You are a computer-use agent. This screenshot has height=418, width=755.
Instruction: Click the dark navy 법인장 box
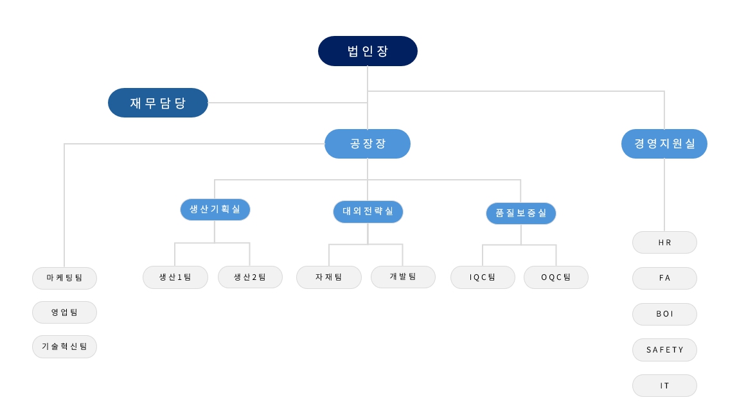coord(368,51)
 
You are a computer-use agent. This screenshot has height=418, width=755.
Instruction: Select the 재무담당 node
coord(158,103)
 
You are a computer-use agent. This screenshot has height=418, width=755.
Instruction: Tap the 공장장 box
coord(368,143)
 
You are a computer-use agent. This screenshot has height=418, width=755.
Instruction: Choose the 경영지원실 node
coord(664,143)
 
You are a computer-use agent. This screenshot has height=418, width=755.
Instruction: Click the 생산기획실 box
coord(215,209)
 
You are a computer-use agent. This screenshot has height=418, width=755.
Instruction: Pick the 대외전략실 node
coord(368,211)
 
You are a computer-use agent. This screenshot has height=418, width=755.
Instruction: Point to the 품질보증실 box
coord(521,213)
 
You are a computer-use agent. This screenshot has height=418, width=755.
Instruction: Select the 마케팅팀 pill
coord(64,278)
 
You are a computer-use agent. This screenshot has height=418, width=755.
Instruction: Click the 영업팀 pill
coord(64,312)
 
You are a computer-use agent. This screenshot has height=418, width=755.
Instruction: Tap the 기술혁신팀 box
coord(64,346)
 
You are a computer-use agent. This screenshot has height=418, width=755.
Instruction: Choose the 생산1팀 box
coord(175,277)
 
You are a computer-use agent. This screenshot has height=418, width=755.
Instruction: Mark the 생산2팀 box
coord(250,277)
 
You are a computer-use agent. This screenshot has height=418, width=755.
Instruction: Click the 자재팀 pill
coord(329,277)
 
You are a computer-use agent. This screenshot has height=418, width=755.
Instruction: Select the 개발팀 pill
coord(403,277)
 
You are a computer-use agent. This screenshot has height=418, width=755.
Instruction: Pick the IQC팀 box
coord(483,277)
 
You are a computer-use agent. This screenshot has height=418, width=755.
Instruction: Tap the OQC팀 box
coord(556,277)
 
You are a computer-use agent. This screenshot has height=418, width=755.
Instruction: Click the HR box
coord(664,243)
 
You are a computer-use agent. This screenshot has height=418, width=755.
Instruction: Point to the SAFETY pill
coord(664,350)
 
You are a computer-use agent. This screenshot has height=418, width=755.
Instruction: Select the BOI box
coord(664,314)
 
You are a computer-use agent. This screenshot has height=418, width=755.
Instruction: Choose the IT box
coord(664,385)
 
